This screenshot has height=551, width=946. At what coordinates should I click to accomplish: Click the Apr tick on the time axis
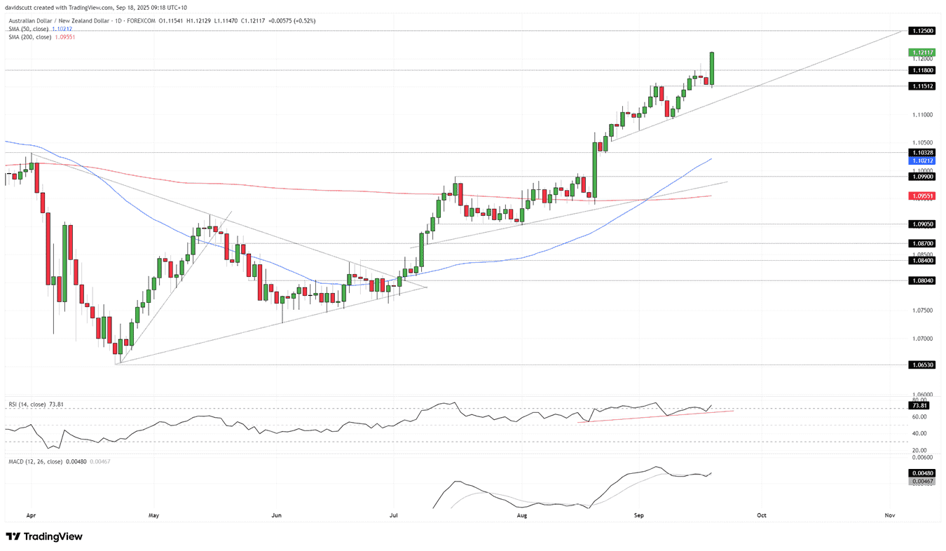pyautogui.click(x=30, y=515)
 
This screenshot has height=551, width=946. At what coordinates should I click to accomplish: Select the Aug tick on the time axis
pyautogui.click(x=522, y=515)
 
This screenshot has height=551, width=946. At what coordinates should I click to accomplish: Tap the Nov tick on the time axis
pyautogui.click(x=890, y=515)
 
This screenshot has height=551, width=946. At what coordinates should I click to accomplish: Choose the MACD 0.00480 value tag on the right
pyautogui.click(x=920, y=473)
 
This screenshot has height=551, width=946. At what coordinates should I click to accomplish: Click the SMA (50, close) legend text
pyautogui.click(x=28, y=29)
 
